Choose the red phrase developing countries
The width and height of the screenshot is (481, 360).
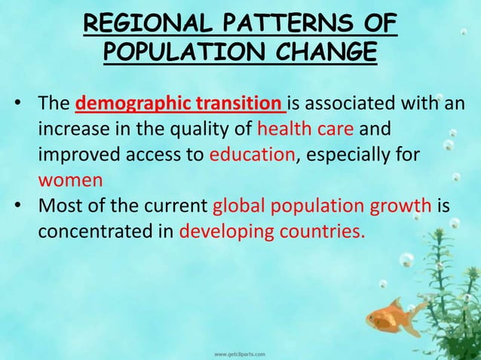coord(273,230)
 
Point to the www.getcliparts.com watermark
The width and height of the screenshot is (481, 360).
coord(241,352)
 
